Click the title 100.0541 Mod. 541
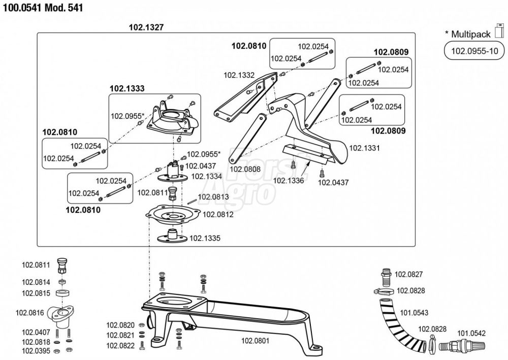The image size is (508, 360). coord(42,8)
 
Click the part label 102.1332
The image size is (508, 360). coord(239,75)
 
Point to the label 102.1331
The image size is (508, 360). coord(365,148)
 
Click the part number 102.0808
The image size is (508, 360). coord(245,169)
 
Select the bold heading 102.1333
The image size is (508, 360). coord(127,88)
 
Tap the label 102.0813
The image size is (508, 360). coord(213,197)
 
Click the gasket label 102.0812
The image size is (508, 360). coord(218,214)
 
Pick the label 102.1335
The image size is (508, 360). coord(206,238)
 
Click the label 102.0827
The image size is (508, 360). coord(409,274)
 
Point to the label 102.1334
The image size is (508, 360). coord(206,176)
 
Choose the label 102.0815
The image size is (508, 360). coord(35,293)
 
